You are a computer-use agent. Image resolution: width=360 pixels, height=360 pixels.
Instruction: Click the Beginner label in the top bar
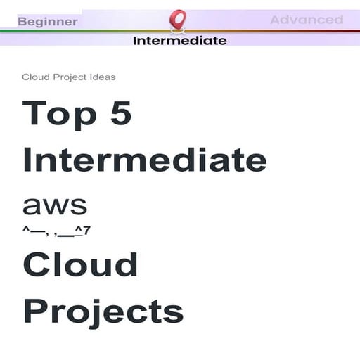[48, 21]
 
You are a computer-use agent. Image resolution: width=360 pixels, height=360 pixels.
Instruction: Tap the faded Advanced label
[307, 20]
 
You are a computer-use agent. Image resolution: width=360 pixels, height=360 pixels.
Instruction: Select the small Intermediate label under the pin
[179, 40]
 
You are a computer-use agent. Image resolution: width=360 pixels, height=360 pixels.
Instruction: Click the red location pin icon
[178, 19]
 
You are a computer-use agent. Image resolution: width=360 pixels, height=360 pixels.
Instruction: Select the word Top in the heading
[59, 114]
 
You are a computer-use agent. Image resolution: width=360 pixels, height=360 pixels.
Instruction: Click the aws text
[55, 205]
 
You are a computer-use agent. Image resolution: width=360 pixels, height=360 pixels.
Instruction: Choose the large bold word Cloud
[80, 264]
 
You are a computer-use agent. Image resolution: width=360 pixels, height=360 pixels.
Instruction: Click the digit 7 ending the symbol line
[87, 229]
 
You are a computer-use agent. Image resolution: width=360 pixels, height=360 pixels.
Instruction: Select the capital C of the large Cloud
[37, 265]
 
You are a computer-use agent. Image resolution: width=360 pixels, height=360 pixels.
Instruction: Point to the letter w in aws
[55, 206]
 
